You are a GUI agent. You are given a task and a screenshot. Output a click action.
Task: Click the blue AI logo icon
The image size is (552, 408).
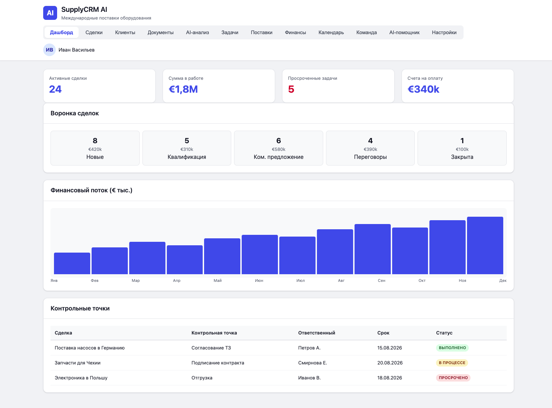pos(50,13)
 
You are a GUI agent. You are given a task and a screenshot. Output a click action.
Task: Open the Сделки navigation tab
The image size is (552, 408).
pos(94,32)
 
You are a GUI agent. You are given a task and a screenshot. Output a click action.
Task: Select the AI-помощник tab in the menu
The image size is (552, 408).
pos(404,32)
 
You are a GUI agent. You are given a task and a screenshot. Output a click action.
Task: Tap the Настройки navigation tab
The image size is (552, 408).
pos(444,32)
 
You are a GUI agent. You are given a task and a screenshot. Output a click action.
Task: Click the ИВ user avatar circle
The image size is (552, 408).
pos(49,50)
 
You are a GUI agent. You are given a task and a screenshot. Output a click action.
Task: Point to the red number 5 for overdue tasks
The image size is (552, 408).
pos(291,89)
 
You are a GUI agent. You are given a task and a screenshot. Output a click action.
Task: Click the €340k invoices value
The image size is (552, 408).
pos(423,89)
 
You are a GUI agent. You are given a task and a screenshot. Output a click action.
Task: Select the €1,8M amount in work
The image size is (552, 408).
pos(183,89)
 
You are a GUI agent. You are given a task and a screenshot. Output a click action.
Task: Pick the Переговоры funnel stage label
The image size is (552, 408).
pos(370,157)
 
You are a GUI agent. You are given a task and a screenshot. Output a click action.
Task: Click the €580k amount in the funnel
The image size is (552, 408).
pos(279,149)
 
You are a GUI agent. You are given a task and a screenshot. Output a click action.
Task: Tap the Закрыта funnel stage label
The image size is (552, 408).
pos(462,157)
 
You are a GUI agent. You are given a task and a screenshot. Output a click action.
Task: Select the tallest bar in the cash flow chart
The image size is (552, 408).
pos(485,245)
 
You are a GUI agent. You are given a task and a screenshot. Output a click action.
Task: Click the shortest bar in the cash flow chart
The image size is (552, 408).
pos(72,263)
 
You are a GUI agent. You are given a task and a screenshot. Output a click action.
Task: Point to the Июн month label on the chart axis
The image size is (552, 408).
pos(259,280)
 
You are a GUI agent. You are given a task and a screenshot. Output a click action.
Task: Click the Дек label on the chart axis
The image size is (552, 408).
pos(503,280)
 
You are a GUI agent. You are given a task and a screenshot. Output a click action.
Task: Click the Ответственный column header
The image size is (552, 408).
pos(317,333)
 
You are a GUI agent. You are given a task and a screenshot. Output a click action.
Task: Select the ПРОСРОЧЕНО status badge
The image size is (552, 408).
pos(453,378)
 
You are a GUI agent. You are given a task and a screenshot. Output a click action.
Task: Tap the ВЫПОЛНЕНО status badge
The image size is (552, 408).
pos(452,348)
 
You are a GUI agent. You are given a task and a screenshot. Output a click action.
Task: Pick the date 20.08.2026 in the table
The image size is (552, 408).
pos(390,363)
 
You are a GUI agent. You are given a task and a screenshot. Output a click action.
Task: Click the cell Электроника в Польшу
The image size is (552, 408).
pos(81,378)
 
